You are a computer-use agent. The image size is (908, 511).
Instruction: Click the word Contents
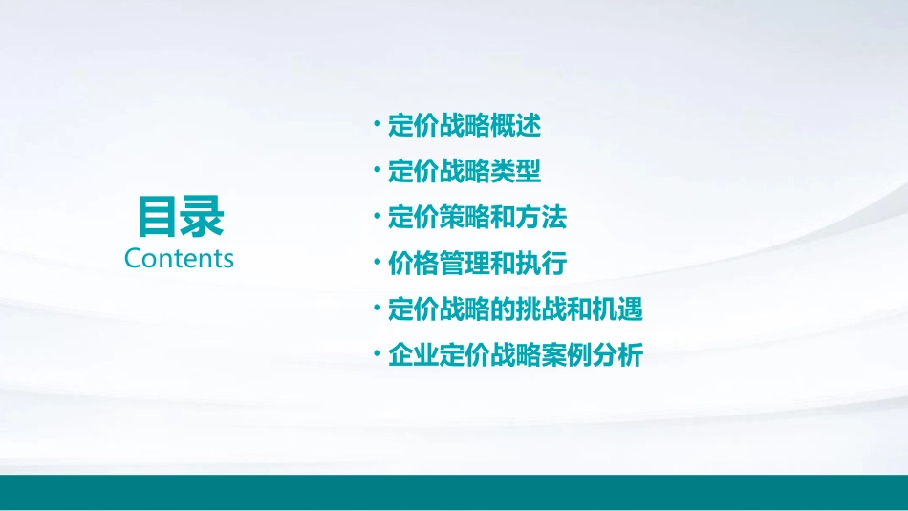(x=179, y=259)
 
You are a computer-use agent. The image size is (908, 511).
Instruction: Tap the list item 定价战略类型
(x=465, y=172)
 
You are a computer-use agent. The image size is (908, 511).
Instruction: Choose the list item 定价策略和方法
(x=477, y=218)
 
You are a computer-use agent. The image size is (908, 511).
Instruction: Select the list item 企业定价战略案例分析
(x=515, y=355)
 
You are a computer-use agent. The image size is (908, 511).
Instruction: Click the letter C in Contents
(x=133, y=259)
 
